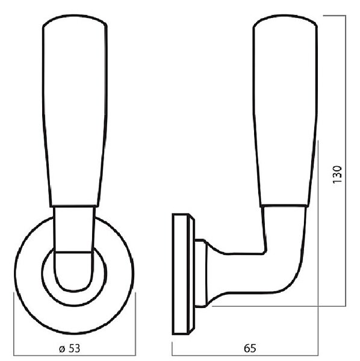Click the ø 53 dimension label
tap(70, 348)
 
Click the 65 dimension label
tap(250, 348)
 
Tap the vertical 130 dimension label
tap(338, 174)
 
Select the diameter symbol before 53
tap(62, 349)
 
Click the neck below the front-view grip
tap(74, 229)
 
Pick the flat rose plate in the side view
tap(181, 274)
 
